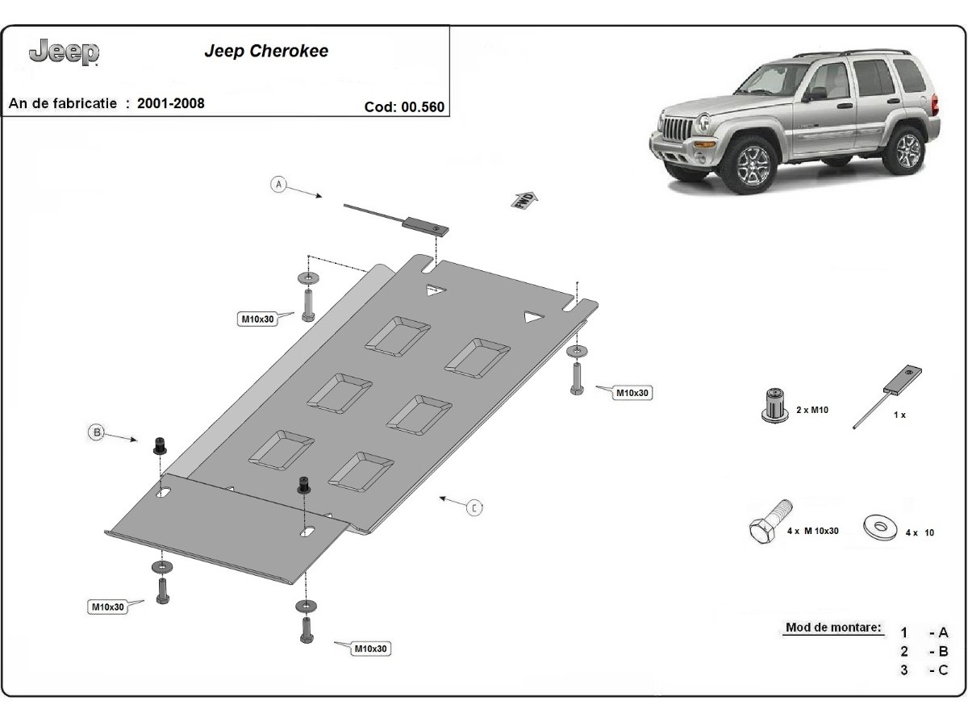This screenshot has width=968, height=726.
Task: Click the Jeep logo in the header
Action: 64,53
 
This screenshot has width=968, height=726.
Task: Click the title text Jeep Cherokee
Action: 266,52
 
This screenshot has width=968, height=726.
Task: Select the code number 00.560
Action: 423,106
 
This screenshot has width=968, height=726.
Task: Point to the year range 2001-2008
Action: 171,103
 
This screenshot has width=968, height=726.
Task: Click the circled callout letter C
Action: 475,507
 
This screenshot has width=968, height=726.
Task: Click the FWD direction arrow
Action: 525,199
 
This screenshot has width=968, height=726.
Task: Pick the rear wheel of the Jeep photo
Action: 908,151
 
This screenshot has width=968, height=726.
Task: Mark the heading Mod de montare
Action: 832,628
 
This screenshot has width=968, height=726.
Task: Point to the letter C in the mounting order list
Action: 943,670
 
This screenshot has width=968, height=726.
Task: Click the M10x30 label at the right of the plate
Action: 632,393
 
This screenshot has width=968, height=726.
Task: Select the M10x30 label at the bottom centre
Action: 370,648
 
